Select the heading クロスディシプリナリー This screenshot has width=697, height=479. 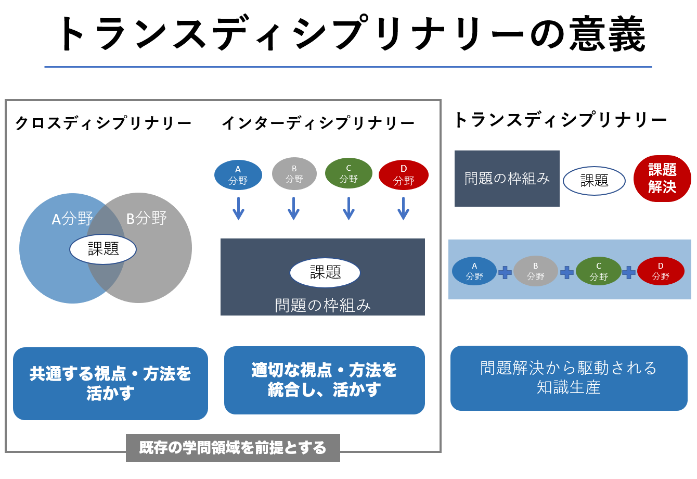[x=104, y=123]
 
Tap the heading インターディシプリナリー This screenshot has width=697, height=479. [x=318, y=123]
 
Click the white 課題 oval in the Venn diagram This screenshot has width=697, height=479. [x=103, y=249]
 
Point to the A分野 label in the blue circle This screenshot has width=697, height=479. [x=72, y=219]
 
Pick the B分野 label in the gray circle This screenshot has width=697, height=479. [x=146, y=218]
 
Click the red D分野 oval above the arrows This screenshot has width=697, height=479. [x=404, y=175]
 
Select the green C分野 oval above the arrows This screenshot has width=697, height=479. [x=348, y=173]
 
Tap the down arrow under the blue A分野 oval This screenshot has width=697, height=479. [x=238, y=208]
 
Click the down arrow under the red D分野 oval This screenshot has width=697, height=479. [x=403, y=208]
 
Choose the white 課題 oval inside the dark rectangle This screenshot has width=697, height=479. [x=325, y=273]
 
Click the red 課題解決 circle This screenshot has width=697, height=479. [x=662, y=179]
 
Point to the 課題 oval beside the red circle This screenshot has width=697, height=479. [x=595, y=181]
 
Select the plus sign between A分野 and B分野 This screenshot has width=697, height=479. [x=505, y=272]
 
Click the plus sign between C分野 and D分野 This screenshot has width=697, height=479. [x=629, y=272]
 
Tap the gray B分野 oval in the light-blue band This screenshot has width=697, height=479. [x=536, y=271]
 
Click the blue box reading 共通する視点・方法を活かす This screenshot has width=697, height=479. [x=110, y=383]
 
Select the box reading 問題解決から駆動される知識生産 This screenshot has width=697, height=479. [x=569, y=378]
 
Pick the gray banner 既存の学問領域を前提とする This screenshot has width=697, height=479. [x=233, y=448]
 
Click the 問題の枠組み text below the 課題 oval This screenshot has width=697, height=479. [x=322, y=305]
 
